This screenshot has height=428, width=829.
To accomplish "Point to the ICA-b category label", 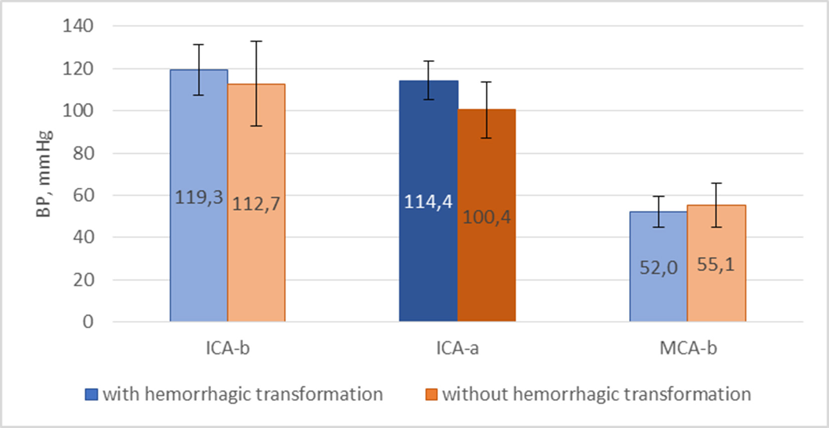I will click(228, 348).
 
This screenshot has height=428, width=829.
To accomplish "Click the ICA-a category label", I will click(457, 348).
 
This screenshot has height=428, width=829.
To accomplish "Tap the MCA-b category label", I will click(688, 348).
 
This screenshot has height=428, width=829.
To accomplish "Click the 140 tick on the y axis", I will click(78, 26).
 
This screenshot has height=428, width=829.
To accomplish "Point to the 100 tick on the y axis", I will click(78, 111).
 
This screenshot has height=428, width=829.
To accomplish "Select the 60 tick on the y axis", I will click(83, 195).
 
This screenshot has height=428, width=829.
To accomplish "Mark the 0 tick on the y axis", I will click(88, 321).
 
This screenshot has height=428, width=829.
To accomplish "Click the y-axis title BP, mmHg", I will click(44, 173).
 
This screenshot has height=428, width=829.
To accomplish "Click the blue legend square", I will click(91, 394).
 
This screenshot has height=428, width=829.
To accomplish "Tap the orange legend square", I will click(431, 394).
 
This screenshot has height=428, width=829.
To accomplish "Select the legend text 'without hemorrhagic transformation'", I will click(596, 394).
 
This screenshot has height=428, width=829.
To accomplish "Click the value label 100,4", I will click(486, 217).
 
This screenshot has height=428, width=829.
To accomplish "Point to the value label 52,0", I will click(658, 268).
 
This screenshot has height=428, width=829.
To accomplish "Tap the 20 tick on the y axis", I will click(83, 279).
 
